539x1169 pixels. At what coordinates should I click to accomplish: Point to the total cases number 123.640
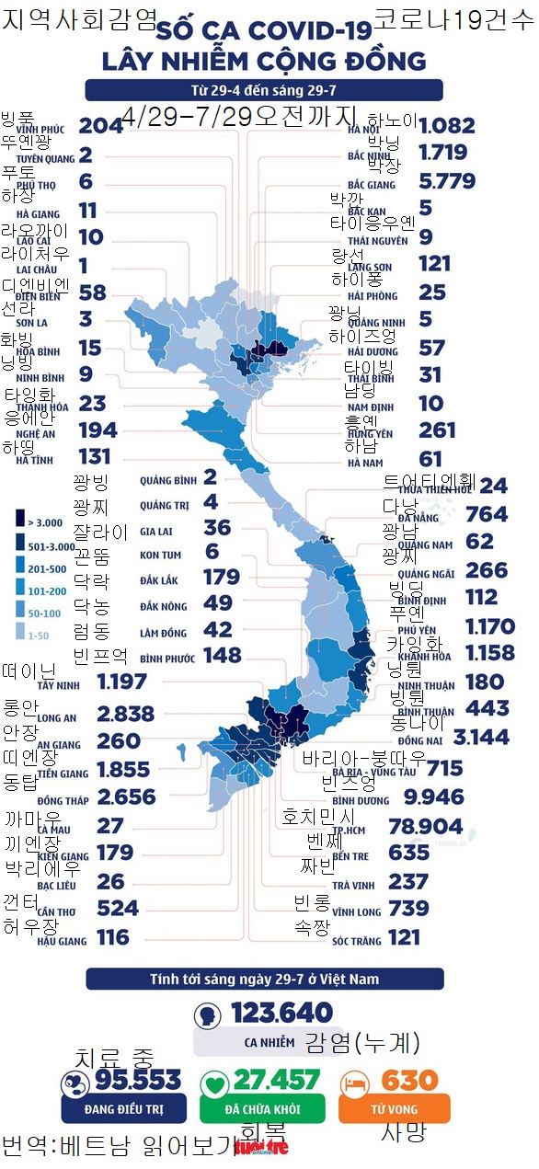tap(281, 1013)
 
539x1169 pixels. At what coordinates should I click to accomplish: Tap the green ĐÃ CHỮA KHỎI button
tap(262, 1108)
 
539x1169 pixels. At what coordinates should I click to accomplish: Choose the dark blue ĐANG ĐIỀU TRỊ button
tap(123, 1108)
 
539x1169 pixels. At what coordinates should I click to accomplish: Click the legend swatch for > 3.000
tap(19, 522)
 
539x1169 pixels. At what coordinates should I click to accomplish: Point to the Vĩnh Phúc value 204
tap(100, 126)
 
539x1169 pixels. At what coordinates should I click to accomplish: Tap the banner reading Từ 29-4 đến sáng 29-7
tap(263, 90)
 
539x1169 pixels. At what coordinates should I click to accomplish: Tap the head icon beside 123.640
tap(207, 1014)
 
